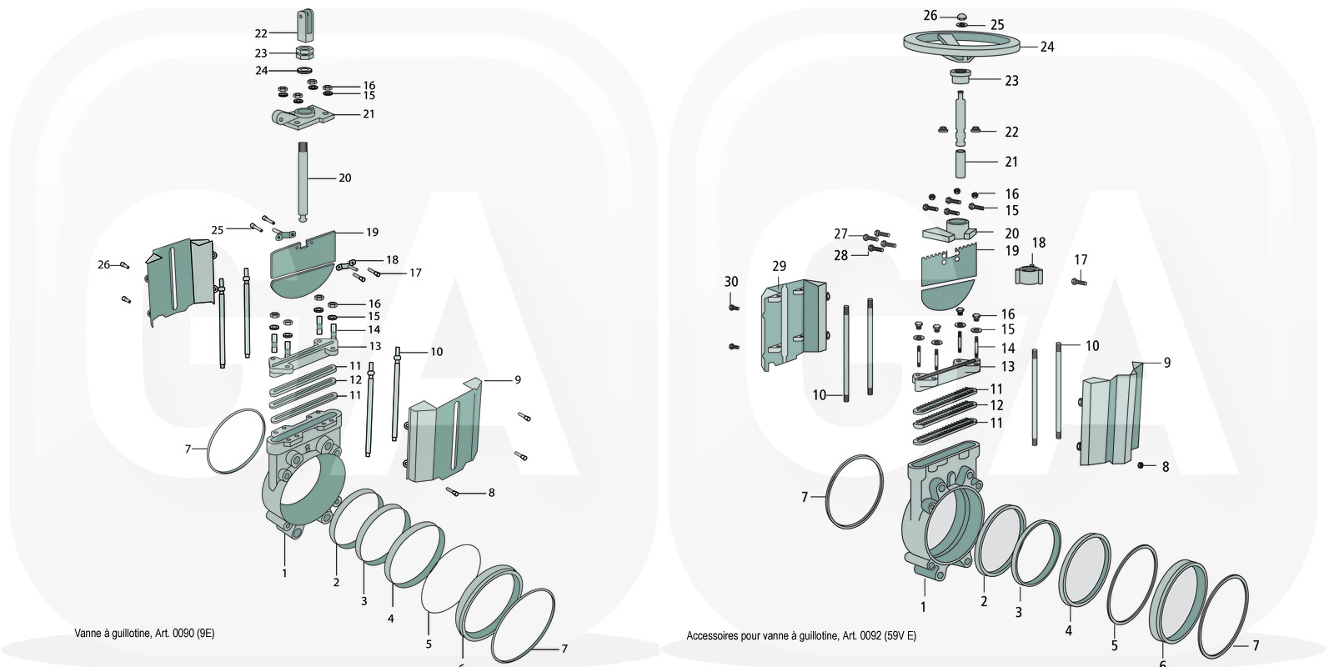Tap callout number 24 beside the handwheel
(x=1046, y=47)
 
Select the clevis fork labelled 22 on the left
(x=306, y=23)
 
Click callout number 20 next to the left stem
(x=344, y=178)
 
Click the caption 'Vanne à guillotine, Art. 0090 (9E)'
(x=144, y=633)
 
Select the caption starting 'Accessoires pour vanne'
(x=800, y=635)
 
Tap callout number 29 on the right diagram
(x=779, y=266)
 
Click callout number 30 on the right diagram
(x=731, y=282)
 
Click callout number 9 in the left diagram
(x=517, y=379)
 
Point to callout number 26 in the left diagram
(x=103, y=264)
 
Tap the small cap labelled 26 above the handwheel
(x=960, y=16)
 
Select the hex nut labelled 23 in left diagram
(x=306, y=53)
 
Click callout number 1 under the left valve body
(x=284, y=573)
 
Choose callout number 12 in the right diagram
(x=996, y=405)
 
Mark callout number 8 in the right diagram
(x=1166, y=467)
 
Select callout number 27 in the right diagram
(x=840, y=234)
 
